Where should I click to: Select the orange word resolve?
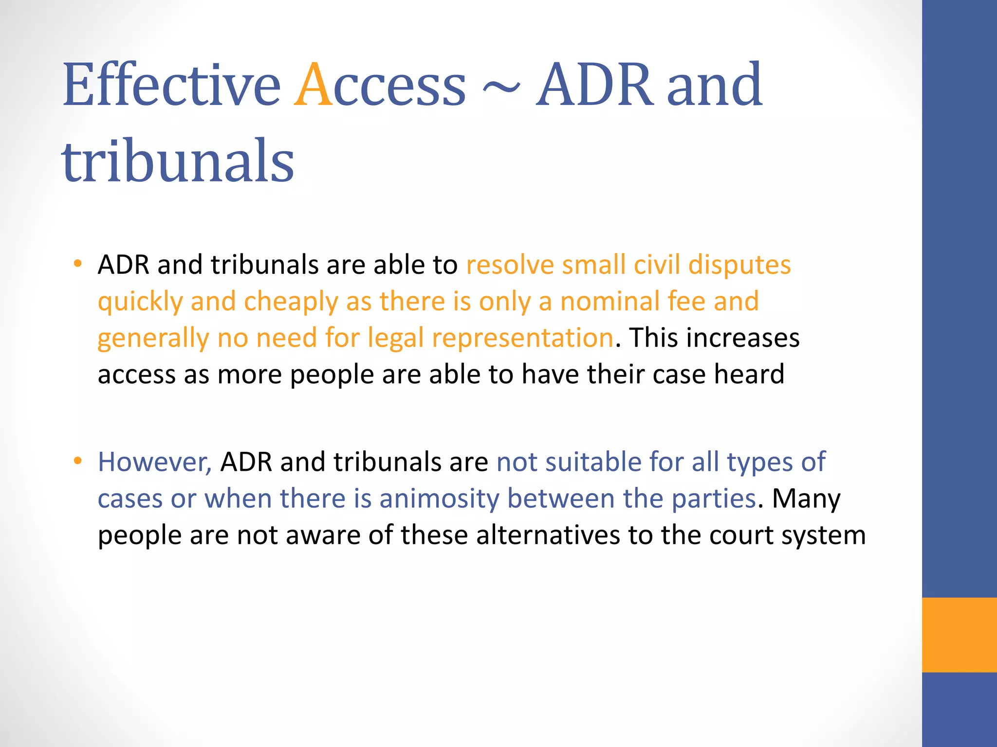510,266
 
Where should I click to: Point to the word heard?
749,374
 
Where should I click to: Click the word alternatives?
548,535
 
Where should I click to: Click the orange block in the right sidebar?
959,635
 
